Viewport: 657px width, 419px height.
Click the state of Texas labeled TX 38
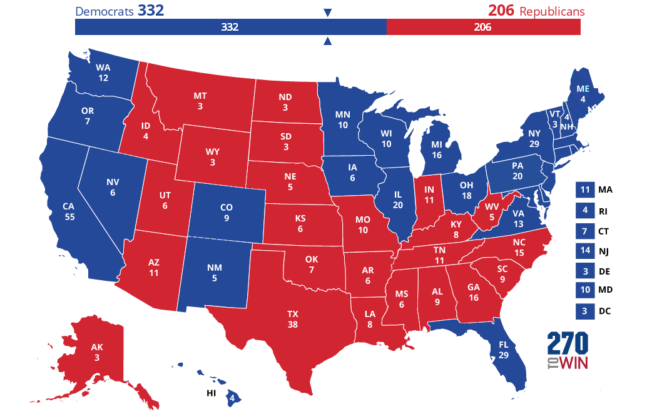[x=292, y=319]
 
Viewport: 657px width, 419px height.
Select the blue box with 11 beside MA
[x=584, y=190]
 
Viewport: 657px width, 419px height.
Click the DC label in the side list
[x=604, y=311]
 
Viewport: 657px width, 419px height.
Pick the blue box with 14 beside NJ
[x=584, y=251]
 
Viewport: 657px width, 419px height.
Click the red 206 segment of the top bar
[x=483, y=28]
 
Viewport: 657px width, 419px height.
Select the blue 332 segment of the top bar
[x=230, y=28]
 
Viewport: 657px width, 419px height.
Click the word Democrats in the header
[x=104, y=11]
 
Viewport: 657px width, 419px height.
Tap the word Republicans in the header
[x=553, y=11]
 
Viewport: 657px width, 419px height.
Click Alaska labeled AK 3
[x=96, y=352]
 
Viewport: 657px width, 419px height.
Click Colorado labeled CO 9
[x=226, y=213]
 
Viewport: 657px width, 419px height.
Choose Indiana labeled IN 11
[x=429, y=195]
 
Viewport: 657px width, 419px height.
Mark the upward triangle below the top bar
[x=327, y=42]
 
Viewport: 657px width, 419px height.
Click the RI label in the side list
[x=603, y=210]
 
